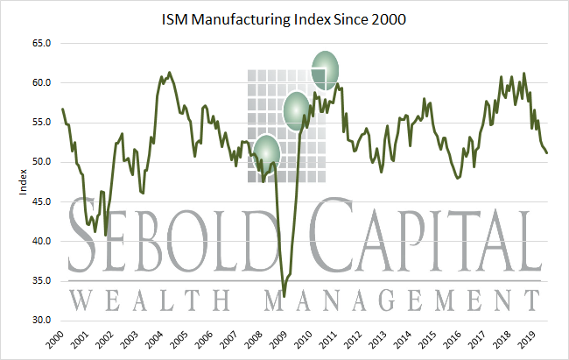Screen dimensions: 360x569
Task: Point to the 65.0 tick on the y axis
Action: coord(40,43)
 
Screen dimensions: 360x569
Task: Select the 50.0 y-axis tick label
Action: coord(40,162)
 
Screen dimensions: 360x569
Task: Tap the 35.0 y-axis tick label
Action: coord(40,281)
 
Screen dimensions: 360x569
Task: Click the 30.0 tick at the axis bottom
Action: coord(40,321)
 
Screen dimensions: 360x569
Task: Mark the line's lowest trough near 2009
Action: coord(284,297)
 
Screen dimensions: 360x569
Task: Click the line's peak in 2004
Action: coord(169,73)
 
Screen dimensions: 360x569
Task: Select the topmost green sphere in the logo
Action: coord(326,70)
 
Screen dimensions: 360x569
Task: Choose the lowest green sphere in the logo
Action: coord(268,150)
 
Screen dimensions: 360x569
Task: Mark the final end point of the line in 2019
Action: coord(547,152)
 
